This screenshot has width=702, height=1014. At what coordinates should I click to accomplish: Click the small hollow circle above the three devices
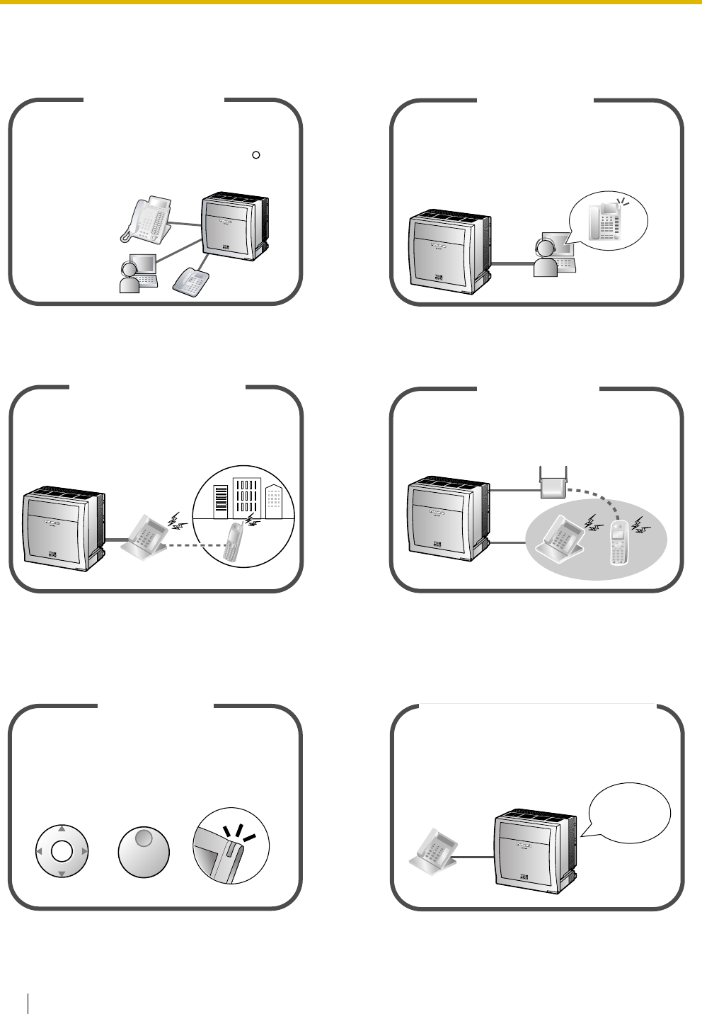pyautogui.click(x=257, y=154)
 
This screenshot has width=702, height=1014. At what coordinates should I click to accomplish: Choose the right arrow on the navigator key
pyautogui.click(x=84, y=851)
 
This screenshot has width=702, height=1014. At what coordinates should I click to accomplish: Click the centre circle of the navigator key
pyautogui.click(x=62, y=851)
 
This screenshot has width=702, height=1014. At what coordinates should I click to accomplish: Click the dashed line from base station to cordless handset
pyautogui.click(x=587, y=499)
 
